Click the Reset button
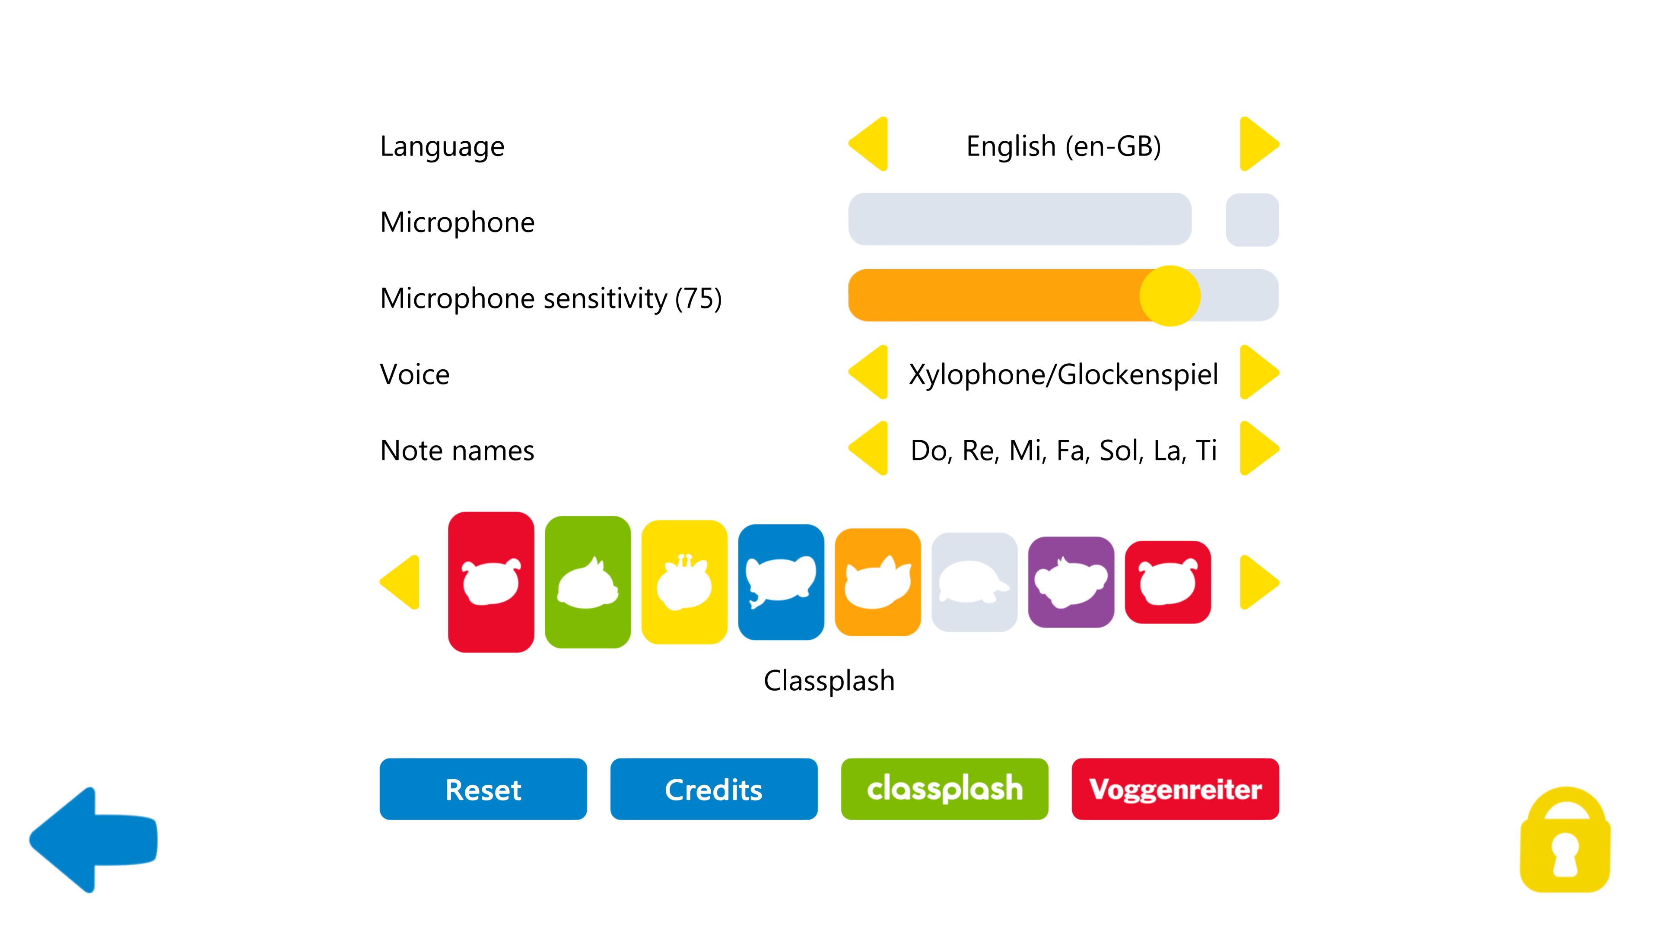point(483,789)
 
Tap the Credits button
point(714,789)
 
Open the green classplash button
point(944,789)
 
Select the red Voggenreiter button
point(1175,789)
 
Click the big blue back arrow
point(93,840)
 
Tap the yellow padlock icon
point(1565,840)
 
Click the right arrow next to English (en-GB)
point(1259,144)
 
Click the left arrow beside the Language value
point(868,144)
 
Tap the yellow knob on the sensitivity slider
point(1170,295)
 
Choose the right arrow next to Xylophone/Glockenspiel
point(1259,373)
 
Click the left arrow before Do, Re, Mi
point(868,449)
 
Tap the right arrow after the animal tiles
point(1259,582)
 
